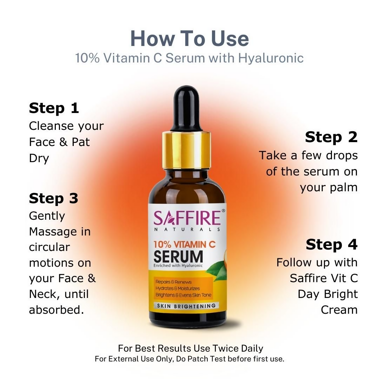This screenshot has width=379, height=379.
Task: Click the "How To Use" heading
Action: pos(189,39)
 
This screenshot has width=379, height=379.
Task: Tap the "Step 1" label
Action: pos(54,108)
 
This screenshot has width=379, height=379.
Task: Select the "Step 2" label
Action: pos(331,137)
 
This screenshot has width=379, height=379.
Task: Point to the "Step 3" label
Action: pos(53,199)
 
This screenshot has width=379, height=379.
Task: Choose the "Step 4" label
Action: pos(331,245)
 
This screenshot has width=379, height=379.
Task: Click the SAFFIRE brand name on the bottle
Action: pos(187,218)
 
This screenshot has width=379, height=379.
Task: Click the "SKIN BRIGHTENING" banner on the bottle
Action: pos(186,306)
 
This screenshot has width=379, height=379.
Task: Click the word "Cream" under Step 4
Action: pos(339,310)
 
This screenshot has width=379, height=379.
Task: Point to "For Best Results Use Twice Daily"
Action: pos(190,348)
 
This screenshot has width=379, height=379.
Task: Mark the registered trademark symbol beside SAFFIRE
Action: pos(223,211)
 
